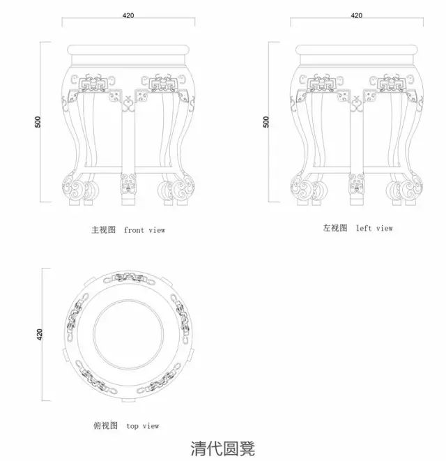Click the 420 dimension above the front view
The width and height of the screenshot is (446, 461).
pos(128,15)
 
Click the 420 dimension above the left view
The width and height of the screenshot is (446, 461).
pos(356,15)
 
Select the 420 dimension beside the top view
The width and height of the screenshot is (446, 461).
pos(40,335)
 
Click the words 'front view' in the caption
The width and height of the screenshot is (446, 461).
pos(145,229)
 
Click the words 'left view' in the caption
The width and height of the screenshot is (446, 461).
pos(374,228)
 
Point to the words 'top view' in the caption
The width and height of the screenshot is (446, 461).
pos(143,425)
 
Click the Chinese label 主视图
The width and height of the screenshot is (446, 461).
pos(102,229)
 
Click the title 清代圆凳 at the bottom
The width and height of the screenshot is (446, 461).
pos(223,447)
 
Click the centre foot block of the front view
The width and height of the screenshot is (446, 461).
pos(128,188)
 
